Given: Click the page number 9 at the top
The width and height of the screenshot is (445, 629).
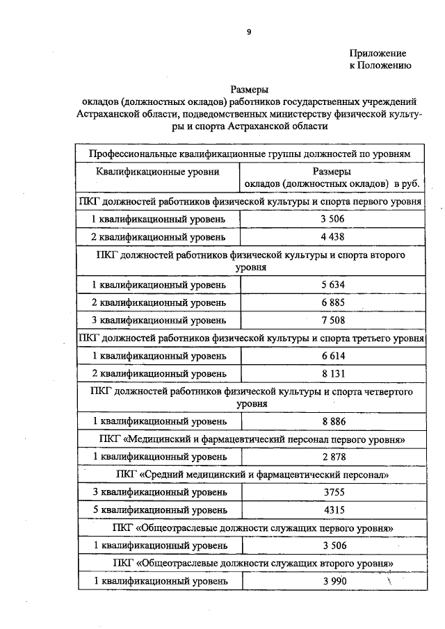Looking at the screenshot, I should [x=248, y=31].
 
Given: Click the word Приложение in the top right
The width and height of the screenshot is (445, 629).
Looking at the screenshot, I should [x=378, y=53].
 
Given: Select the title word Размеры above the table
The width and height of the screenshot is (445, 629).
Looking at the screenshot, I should [x=249, y=89].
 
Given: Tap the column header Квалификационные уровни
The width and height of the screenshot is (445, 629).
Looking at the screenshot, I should [x=158, y=171].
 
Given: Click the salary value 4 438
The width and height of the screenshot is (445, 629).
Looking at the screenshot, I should [x=333, y=236].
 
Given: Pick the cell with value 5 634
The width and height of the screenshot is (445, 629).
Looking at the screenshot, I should [x=333, y=285].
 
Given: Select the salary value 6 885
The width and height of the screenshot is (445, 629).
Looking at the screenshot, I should [x=333, y=303].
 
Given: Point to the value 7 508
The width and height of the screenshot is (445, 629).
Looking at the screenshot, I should [x=333, y=320].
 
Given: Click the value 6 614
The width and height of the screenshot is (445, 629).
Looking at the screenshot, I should [x=333, y=356].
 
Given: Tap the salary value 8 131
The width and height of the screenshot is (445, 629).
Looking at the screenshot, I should [x=333, y=373].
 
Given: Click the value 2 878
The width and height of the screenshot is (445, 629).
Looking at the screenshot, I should [x=333, y=457].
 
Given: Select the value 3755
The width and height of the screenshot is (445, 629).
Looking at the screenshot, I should [x=333, y=492].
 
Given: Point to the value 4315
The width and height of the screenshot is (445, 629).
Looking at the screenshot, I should [x=333, y=509].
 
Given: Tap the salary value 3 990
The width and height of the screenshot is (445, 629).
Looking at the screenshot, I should [x=333, y=580].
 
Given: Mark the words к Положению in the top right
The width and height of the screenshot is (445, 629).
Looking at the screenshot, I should [x=380, y=65].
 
